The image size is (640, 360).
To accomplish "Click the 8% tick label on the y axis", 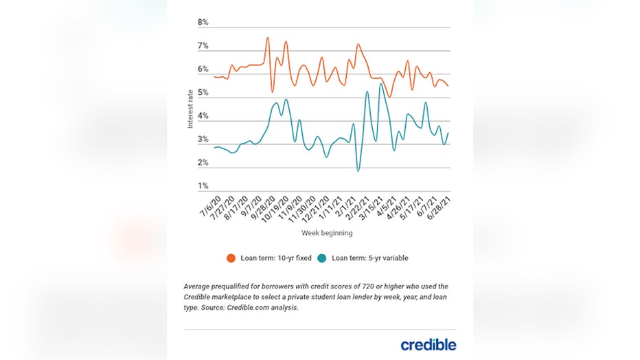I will [x=203, y=23].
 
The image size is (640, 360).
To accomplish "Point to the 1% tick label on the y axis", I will [x=203, y=186].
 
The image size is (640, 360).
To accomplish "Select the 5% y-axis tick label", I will [x=203, y=93].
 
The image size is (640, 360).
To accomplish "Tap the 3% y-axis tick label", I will [x=203, y=139].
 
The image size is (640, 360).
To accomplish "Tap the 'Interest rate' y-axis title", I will [x=191, y=107].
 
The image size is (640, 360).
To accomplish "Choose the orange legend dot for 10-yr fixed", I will [x=231, y=258].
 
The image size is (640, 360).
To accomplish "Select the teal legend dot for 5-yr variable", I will [x=322, y=258].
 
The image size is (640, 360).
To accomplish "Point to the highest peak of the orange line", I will [x=267, y=38].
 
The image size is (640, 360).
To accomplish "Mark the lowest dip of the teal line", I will [x=358, y=170].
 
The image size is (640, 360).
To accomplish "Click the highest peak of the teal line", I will [x=380, y=84].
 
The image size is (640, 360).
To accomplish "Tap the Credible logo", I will [x=428, y=344].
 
